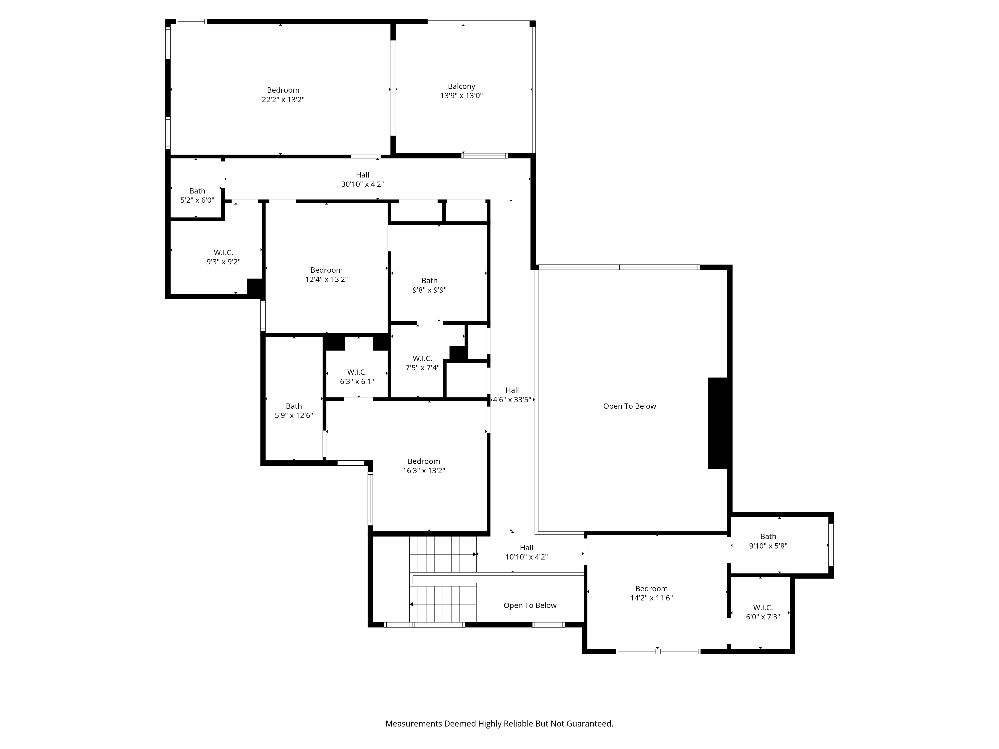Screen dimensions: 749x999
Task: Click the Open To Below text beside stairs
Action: point(530,605)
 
